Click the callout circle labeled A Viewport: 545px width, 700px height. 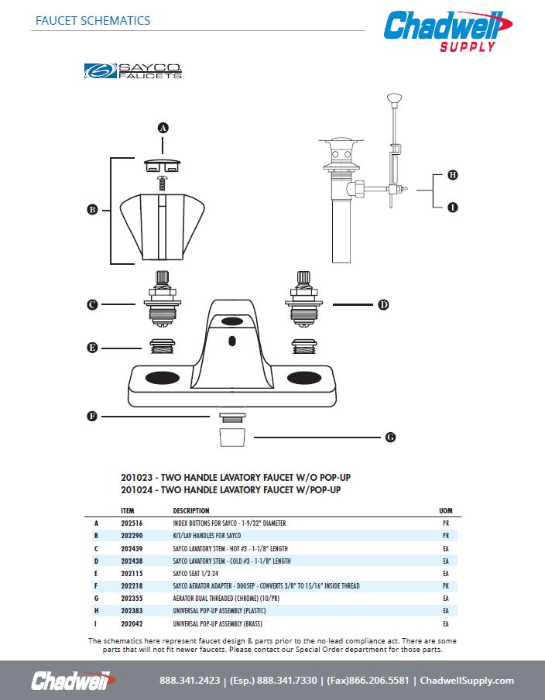[163, 127]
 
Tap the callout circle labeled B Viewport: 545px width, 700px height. [92, 210]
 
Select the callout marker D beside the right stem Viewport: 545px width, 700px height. [382, 305]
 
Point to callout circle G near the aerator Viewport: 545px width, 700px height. [390, 437]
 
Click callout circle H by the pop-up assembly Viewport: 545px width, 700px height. [453, 175]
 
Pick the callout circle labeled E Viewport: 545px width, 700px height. [92, 348]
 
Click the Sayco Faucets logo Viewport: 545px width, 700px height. [132, 71]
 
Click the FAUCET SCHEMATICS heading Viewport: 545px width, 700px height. [93, 21]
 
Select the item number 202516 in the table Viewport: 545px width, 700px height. [133, 523]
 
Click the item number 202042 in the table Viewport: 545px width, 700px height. [133, 623]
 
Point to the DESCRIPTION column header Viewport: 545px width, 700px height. [191, 511]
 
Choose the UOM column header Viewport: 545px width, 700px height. [445, 511]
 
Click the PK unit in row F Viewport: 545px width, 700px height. [445, 586]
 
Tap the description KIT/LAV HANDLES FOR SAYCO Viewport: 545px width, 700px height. [208, 536]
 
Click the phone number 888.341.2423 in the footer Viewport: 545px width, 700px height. [190, 681]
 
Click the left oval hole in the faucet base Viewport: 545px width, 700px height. [161, 378]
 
